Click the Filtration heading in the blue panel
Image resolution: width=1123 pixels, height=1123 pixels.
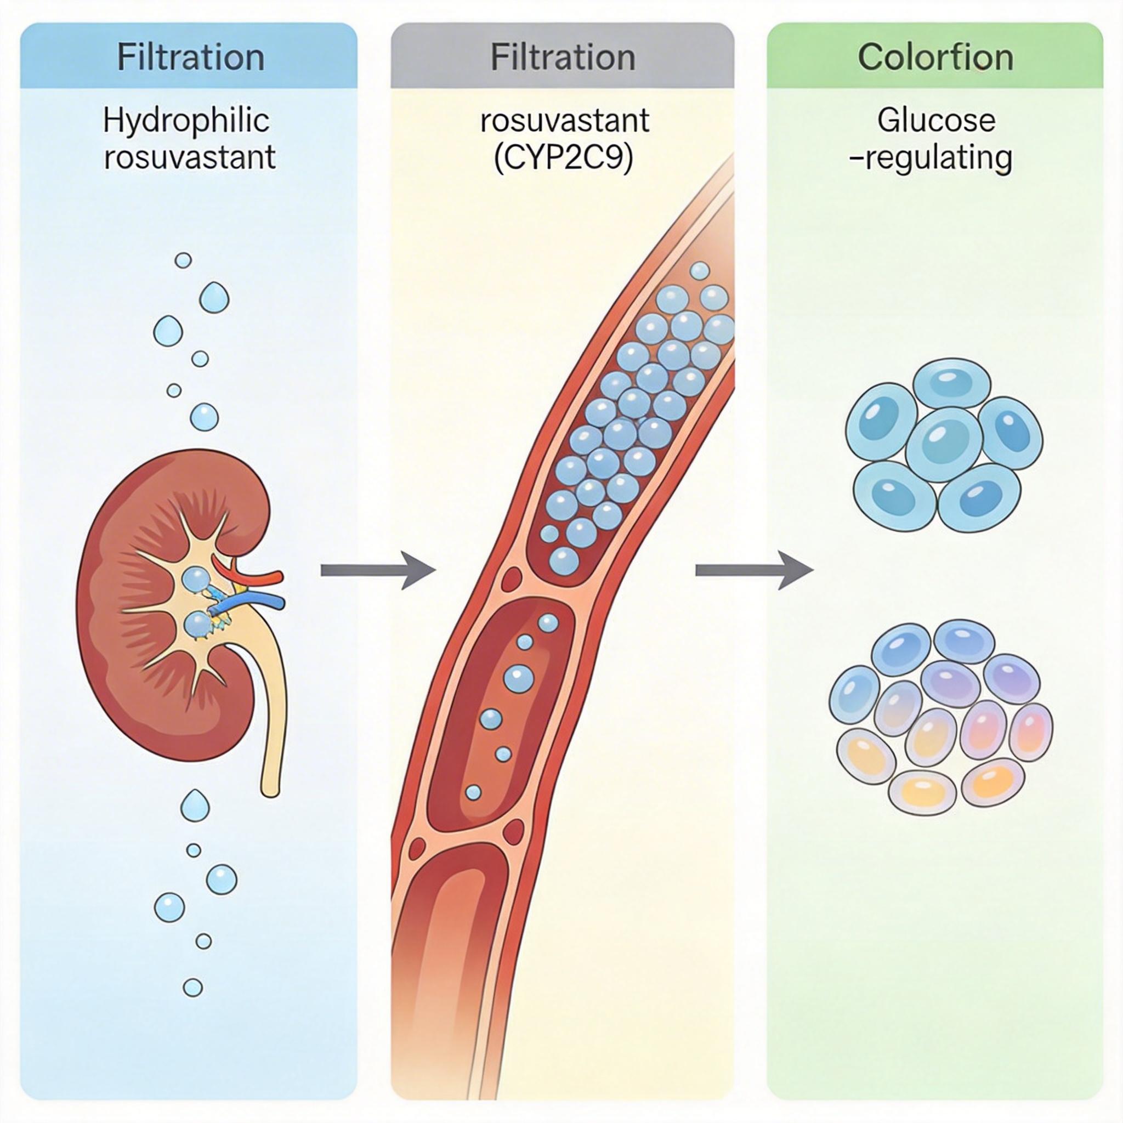190,58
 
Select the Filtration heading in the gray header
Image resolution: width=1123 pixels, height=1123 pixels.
562,58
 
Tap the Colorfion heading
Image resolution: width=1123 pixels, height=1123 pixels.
935,58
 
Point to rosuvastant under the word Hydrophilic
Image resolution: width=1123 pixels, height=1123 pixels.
190,157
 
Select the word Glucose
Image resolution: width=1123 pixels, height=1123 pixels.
937,120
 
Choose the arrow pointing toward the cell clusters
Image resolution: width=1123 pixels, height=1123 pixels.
754,571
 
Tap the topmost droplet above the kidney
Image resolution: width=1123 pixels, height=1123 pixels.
183,260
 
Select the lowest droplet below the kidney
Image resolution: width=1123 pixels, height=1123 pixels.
192,987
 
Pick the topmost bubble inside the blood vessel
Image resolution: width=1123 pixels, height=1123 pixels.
700,270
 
